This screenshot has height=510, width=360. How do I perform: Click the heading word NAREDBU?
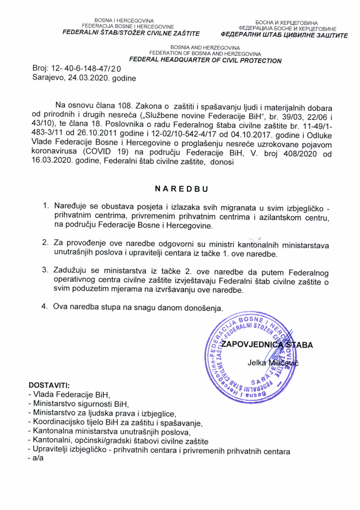[181, 188]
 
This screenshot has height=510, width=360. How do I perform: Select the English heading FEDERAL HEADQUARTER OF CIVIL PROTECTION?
[205, 61]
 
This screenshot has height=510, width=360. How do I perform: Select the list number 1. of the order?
[46, 206]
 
